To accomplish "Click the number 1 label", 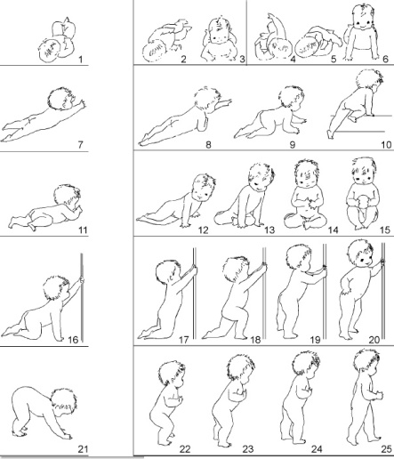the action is point(81,60).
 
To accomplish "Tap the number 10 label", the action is point(386,145).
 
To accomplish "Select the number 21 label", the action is point(83,449).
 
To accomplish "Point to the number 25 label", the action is point(386,449).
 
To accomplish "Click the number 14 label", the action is point(334,229).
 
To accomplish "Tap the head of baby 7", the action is point(60,99).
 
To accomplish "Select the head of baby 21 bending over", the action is point(63,402).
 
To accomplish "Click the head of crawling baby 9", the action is point(292,98).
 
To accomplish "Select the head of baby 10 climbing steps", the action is point(369,81).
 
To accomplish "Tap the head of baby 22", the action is point(172,374).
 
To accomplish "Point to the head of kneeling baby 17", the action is point(167,273).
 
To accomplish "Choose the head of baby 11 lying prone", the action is point(68,197).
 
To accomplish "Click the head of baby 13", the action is point(261,176).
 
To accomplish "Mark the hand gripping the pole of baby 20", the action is point(382,262).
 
